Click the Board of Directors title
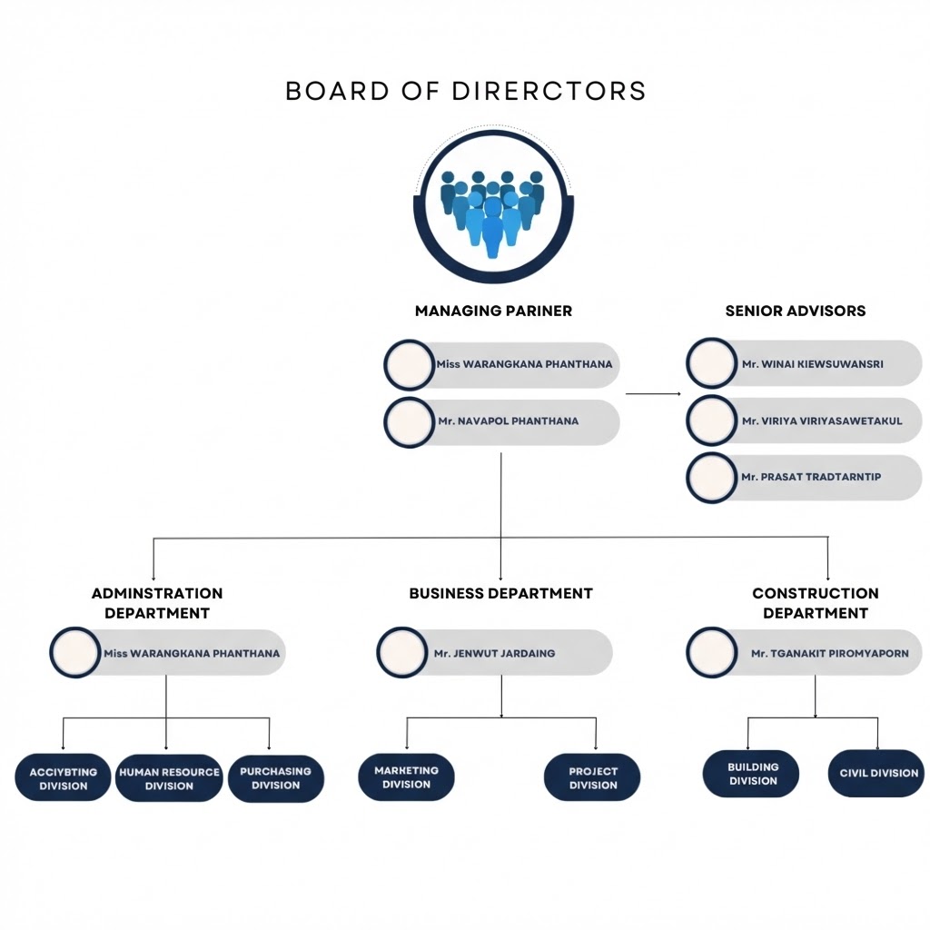pyautogui.click(x=465, y=91)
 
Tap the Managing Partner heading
pyautogui.click(x=493, y=311)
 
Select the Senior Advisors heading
pyautogui.click(x=795, y=311)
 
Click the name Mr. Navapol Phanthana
pyautogui.click(x=508, y=421)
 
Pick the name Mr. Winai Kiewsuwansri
pyautogui.click(x=812, y=364)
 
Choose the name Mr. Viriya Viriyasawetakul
pyautogui.click(x=821, y=421)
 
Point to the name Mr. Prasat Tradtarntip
pyautogui.click(x=811, y=478)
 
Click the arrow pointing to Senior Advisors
pyautogui.click(x=653, y=394)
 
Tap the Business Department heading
pyautogui.click(x=500, y=593)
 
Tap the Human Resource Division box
pyautogui.click(x=169, y=779)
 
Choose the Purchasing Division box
pyautogui.click(x=275, y=779)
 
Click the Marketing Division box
pyautogui.click(x=406, y=777)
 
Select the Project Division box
pyautogui.click(x=592, y=779)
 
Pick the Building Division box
pyautogui.click(x=752, y=774)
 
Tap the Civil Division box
pyautogui.click(x=876, y=774)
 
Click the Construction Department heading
pyautogui.click(x=815, y=603)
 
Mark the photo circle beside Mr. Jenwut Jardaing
pyautogui.click(x=401, y=653)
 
